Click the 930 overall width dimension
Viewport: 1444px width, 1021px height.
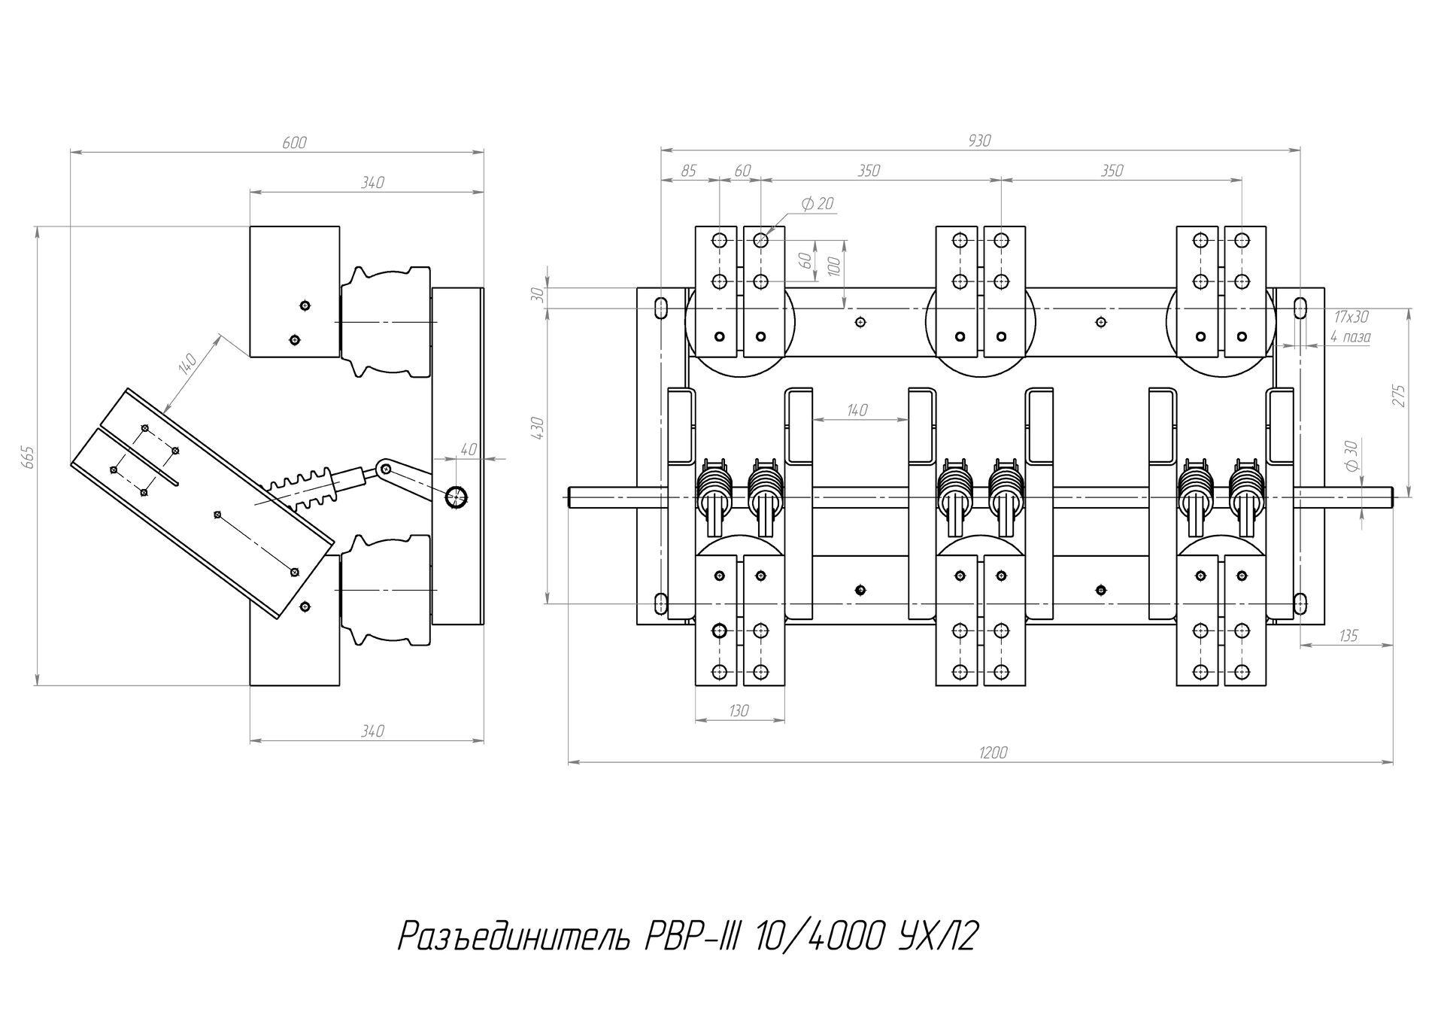(979, 141)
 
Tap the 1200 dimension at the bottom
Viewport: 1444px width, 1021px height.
(994, 752)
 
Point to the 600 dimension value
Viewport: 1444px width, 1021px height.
(294, 143)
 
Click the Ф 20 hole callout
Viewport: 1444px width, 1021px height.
(818, 203)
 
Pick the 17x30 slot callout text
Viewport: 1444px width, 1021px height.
(1351, 317)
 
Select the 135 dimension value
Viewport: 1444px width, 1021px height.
(1348, 636)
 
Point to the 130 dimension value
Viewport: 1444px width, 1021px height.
(739, 711)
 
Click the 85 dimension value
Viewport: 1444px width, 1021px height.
(688, 171)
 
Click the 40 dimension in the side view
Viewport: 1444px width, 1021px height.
(468, 449)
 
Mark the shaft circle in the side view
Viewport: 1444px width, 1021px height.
(456, 497)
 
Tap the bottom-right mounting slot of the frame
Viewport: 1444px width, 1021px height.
(1299, 602)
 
